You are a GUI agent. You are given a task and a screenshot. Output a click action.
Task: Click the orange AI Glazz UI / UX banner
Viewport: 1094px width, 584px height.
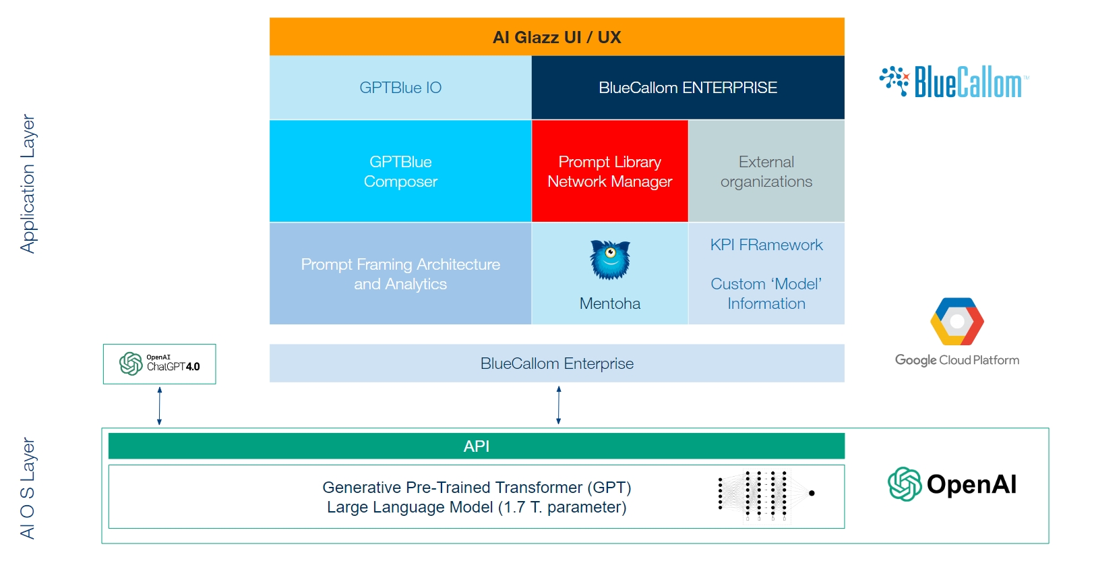[557, 37]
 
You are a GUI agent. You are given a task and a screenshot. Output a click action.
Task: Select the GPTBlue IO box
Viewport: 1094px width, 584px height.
[400, 88]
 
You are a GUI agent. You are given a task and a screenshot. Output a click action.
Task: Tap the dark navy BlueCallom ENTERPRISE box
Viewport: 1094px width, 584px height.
[688, 88]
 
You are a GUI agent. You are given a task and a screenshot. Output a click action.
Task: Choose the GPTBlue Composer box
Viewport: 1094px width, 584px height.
[400, 171]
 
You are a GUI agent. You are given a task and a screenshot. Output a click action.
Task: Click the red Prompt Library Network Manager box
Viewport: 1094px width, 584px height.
[609, 171]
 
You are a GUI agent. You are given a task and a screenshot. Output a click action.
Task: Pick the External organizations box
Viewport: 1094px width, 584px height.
[766, 171]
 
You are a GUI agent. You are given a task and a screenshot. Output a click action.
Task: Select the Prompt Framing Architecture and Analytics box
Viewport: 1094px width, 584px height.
[400, 274]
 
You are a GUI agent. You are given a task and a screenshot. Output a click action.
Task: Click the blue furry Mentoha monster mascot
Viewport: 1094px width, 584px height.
[610, 260]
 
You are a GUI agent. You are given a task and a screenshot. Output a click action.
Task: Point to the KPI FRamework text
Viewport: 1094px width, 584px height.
[766, 245]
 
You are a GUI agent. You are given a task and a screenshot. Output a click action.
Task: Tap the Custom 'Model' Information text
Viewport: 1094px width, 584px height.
[766, 293]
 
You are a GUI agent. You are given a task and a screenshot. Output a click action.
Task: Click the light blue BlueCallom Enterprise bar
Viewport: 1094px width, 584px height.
[557, 363]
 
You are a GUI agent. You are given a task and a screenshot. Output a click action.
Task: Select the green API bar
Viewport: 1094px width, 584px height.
[476, 446]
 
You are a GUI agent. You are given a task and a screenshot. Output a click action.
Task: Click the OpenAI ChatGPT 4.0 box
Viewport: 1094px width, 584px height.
[160, 364]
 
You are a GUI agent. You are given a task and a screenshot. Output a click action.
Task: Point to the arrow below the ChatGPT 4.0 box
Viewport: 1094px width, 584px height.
[160, 406]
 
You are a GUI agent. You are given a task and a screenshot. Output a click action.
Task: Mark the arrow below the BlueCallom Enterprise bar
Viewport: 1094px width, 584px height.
[559, 405]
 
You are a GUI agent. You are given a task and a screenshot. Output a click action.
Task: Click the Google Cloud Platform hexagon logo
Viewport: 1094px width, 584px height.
[957, 322]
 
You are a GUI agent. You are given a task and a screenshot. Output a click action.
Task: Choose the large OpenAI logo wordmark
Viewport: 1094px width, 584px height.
[952, 484]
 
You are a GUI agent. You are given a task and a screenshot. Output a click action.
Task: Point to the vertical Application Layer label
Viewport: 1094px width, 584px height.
[28, 183]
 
